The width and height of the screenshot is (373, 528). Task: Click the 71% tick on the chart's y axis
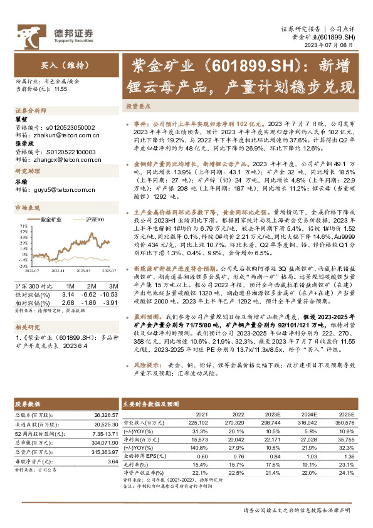tap(22, 226)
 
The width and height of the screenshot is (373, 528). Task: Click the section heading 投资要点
tap(139, 107)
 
